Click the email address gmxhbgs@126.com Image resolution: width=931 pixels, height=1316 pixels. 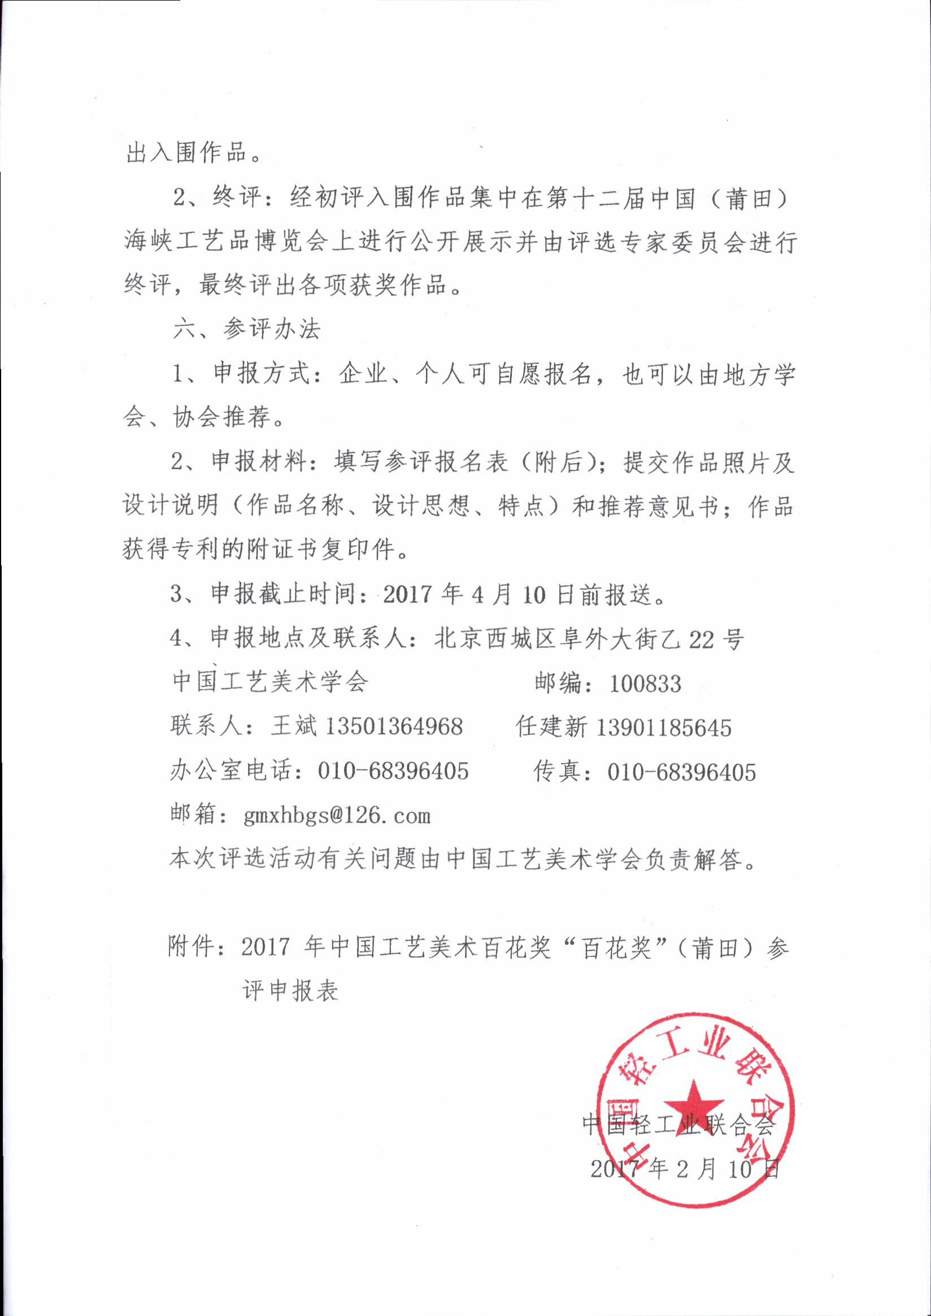(337, 815)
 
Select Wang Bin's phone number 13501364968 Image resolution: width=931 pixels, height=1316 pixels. (394, 727)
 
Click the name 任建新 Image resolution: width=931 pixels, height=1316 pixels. (551, 727)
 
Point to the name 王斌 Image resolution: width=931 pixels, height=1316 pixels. (294, 727)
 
